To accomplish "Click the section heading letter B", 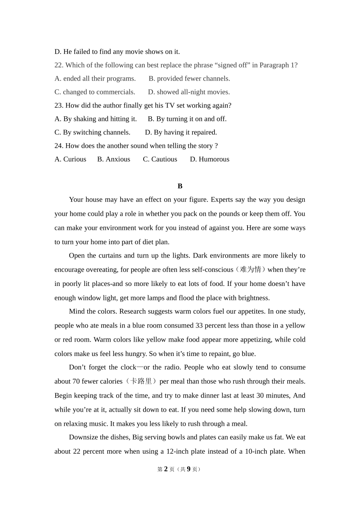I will pos(180,186).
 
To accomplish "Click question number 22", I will pos(59,65).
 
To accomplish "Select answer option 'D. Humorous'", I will pos(210,159).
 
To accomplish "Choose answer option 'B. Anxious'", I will pos(114,159).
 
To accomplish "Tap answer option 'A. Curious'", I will pos(70,159).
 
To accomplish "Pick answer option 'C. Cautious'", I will pos(160,159).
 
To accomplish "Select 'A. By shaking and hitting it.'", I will pos(95,119).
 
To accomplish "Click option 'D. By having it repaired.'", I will pos(181,132).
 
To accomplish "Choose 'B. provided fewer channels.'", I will pos(189,78).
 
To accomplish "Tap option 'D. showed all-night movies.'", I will pos(189,92).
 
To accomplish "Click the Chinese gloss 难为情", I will pos(251,270).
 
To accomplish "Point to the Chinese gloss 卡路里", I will pos(141,381).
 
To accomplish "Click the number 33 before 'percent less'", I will pos(199,325).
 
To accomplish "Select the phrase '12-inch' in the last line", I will pos(178,451).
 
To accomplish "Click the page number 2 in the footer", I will pos(166,469).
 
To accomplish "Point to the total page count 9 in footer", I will pos(188,469).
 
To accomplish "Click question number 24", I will pos(59,146).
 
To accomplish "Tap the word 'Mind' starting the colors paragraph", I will pos(76,311).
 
